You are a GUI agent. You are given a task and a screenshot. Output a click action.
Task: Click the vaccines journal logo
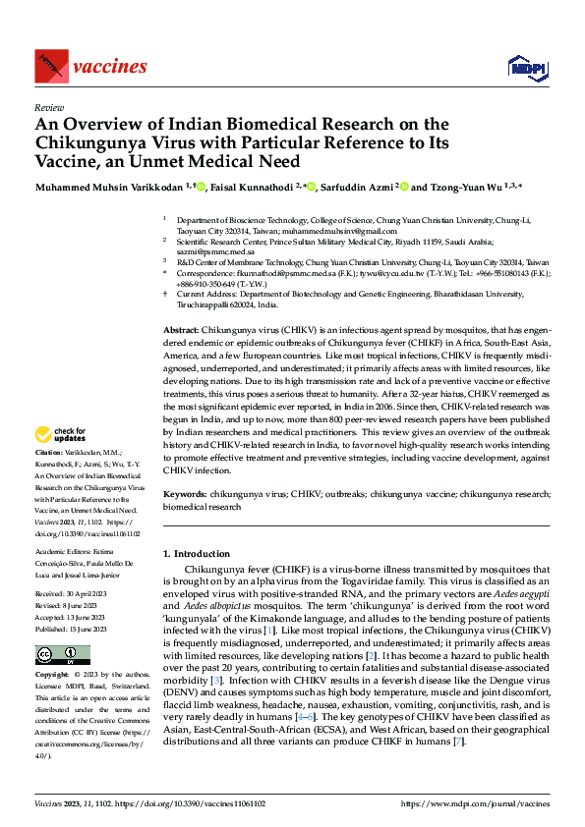90,67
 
